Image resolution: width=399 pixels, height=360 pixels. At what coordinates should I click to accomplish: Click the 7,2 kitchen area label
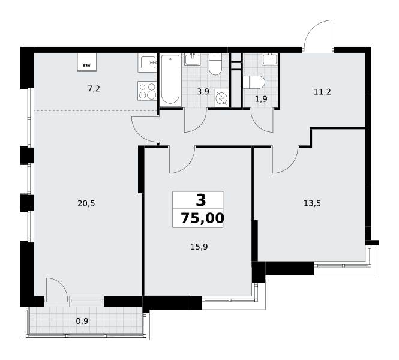pos(94,89)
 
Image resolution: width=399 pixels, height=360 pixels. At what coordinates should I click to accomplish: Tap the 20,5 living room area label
pos(86,203)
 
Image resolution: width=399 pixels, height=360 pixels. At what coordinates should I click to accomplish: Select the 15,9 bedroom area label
pos(199,247)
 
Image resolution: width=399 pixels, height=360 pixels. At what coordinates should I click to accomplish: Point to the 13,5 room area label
pos(312,203)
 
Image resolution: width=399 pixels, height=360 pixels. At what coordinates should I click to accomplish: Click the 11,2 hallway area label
pos(322,92)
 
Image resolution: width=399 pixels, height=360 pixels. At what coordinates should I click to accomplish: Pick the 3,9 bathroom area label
pos(203,91)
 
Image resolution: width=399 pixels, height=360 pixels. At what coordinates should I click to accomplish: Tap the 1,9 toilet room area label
pos(261,99)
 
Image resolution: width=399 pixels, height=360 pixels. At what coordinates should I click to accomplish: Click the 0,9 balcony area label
pos(82,322)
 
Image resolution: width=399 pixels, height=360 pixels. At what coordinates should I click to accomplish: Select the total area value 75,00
pos(203,218)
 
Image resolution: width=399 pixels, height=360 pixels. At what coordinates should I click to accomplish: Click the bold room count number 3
pos(201,200)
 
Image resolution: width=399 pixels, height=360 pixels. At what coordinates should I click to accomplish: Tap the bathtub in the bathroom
pos(170,79)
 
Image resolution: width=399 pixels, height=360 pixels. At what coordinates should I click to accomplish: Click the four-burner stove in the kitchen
pos(147,91)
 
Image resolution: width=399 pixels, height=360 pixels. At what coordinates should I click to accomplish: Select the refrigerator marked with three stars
pos(87,62)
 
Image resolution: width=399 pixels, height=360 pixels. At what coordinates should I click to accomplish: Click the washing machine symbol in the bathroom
pos(221,98)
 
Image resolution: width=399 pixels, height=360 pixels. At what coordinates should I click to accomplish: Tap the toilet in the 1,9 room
pos(254,82)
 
